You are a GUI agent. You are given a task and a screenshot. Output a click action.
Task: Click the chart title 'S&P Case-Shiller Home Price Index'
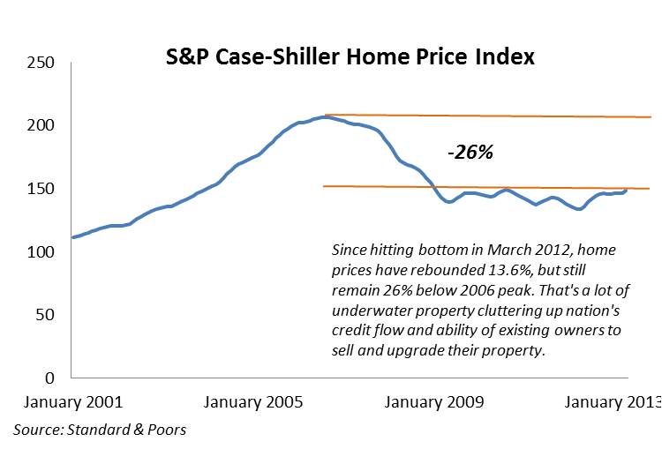point(350,57)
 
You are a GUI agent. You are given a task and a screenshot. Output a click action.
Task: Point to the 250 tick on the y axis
point(41,63)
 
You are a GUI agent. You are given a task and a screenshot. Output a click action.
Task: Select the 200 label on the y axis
point(41,126)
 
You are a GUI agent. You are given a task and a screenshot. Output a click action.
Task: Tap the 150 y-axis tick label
point(41,189)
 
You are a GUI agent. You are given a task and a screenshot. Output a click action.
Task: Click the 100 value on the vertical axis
point(41,252)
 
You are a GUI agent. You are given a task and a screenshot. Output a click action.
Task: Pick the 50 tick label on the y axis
point(46,315)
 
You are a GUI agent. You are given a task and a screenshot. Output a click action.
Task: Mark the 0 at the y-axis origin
point(50,378)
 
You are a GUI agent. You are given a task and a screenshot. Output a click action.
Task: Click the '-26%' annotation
point(470,152)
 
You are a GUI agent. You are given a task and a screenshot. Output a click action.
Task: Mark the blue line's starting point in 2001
point(72,237)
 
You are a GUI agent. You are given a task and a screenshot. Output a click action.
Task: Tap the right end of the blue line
point(627,190)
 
